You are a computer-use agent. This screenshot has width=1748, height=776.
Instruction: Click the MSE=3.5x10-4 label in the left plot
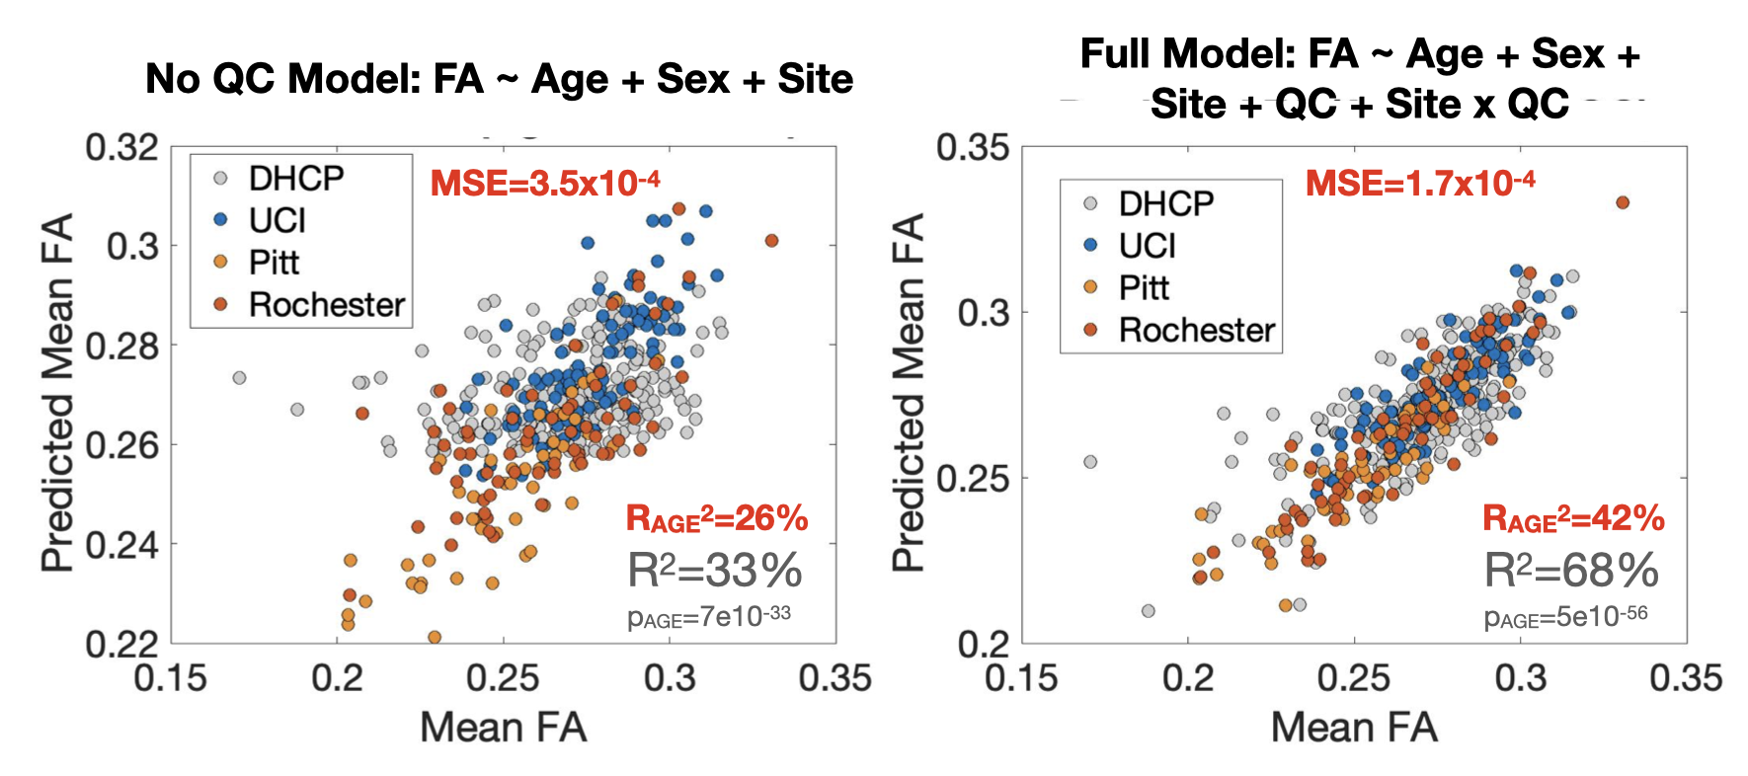545,184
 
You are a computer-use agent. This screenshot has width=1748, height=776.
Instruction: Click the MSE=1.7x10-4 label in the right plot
1420,184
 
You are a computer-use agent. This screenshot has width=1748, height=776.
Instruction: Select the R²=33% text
715,571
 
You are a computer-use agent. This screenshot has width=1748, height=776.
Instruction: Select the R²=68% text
1572,571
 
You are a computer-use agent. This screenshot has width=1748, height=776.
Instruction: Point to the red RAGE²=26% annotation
717,518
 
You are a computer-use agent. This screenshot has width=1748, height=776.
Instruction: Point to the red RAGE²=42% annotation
1574,518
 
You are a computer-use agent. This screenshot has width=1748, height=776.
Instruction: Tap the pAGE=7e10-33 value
709,616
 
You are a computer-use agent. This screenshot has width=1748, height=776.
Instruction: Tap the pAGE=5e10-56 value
1566,616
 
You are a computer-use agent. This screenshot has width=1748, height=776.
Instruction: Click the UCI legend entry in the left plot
277,220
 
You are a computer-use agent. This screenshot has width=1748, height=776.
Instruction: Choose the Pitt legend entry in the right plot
1144,287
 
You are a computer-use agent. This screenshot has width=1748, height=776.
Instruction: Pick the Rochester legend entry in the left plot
326,304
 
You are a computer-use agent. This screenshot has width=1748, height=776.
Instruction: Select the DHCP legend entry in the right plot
1165,203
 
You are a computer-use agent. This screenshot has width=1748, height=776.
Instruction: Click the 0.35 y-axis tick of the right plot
974,148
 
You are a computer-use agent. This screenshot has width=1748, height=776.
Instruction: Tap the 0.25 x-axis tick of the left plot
504,679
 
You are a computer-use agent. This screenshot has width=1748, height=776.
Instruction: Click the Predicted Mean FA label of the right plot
908,392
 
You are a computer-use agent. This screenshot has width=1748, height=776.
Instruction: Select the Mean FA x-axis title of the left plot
504,728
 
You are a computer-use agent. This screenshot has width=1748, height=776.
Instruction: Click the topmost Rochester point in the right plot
1622,202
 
